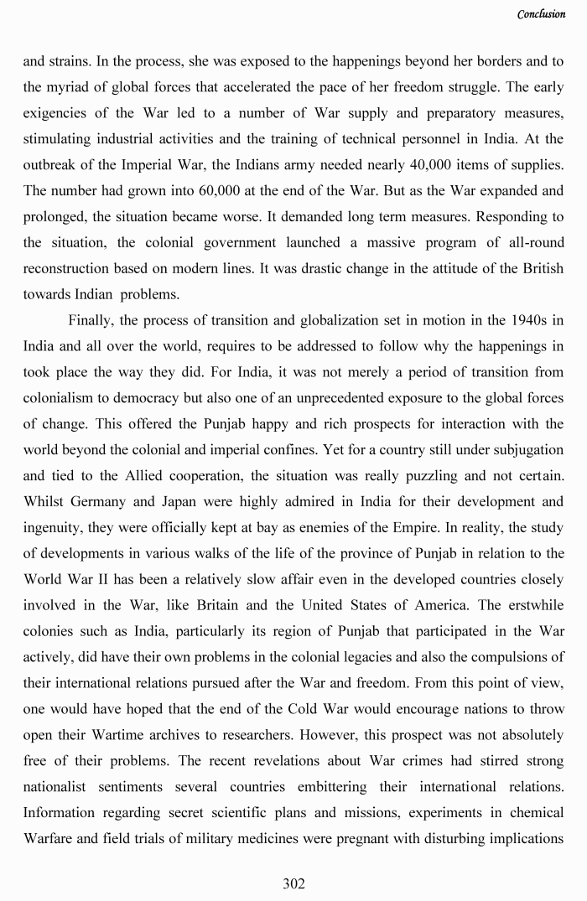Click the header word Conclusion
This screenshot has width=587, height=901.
pos(541,13)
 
